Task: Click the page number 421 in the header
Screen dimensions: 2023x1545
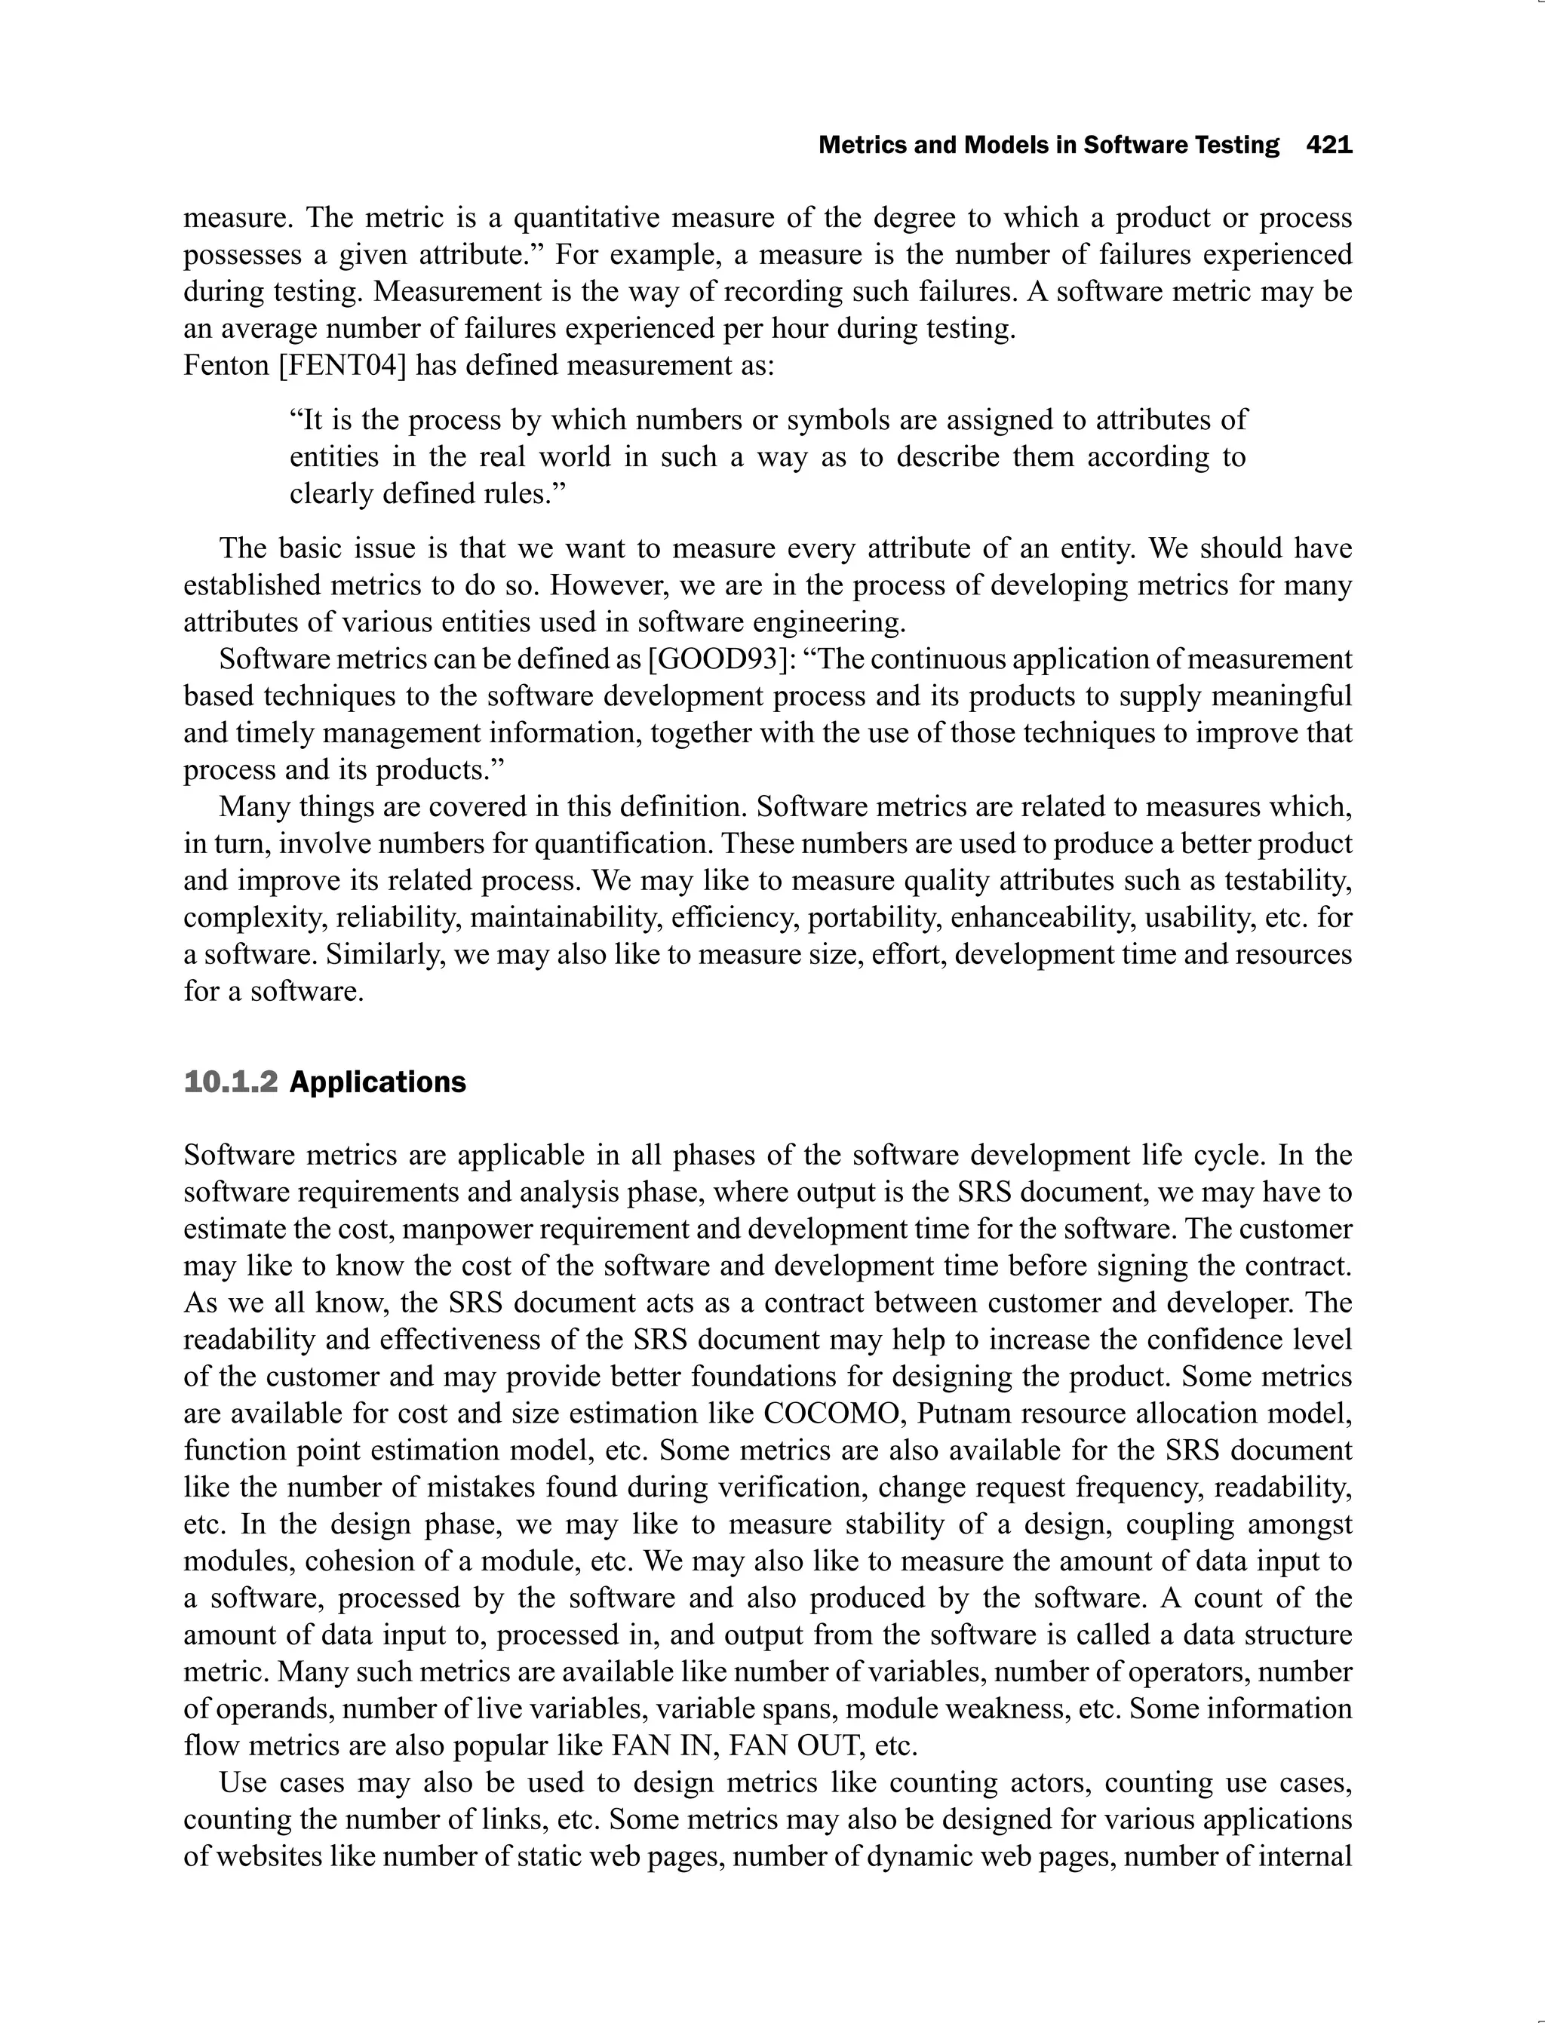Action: click(x=1329, y=146)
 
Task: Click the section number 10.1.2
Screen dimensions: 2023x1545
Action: click(x=230, y=1082)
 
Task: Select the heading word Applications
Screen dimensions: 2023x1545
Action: click(x=377, y=1082)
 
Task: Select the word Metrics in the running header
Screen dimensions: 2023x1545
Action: click(x=861, y=146)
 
